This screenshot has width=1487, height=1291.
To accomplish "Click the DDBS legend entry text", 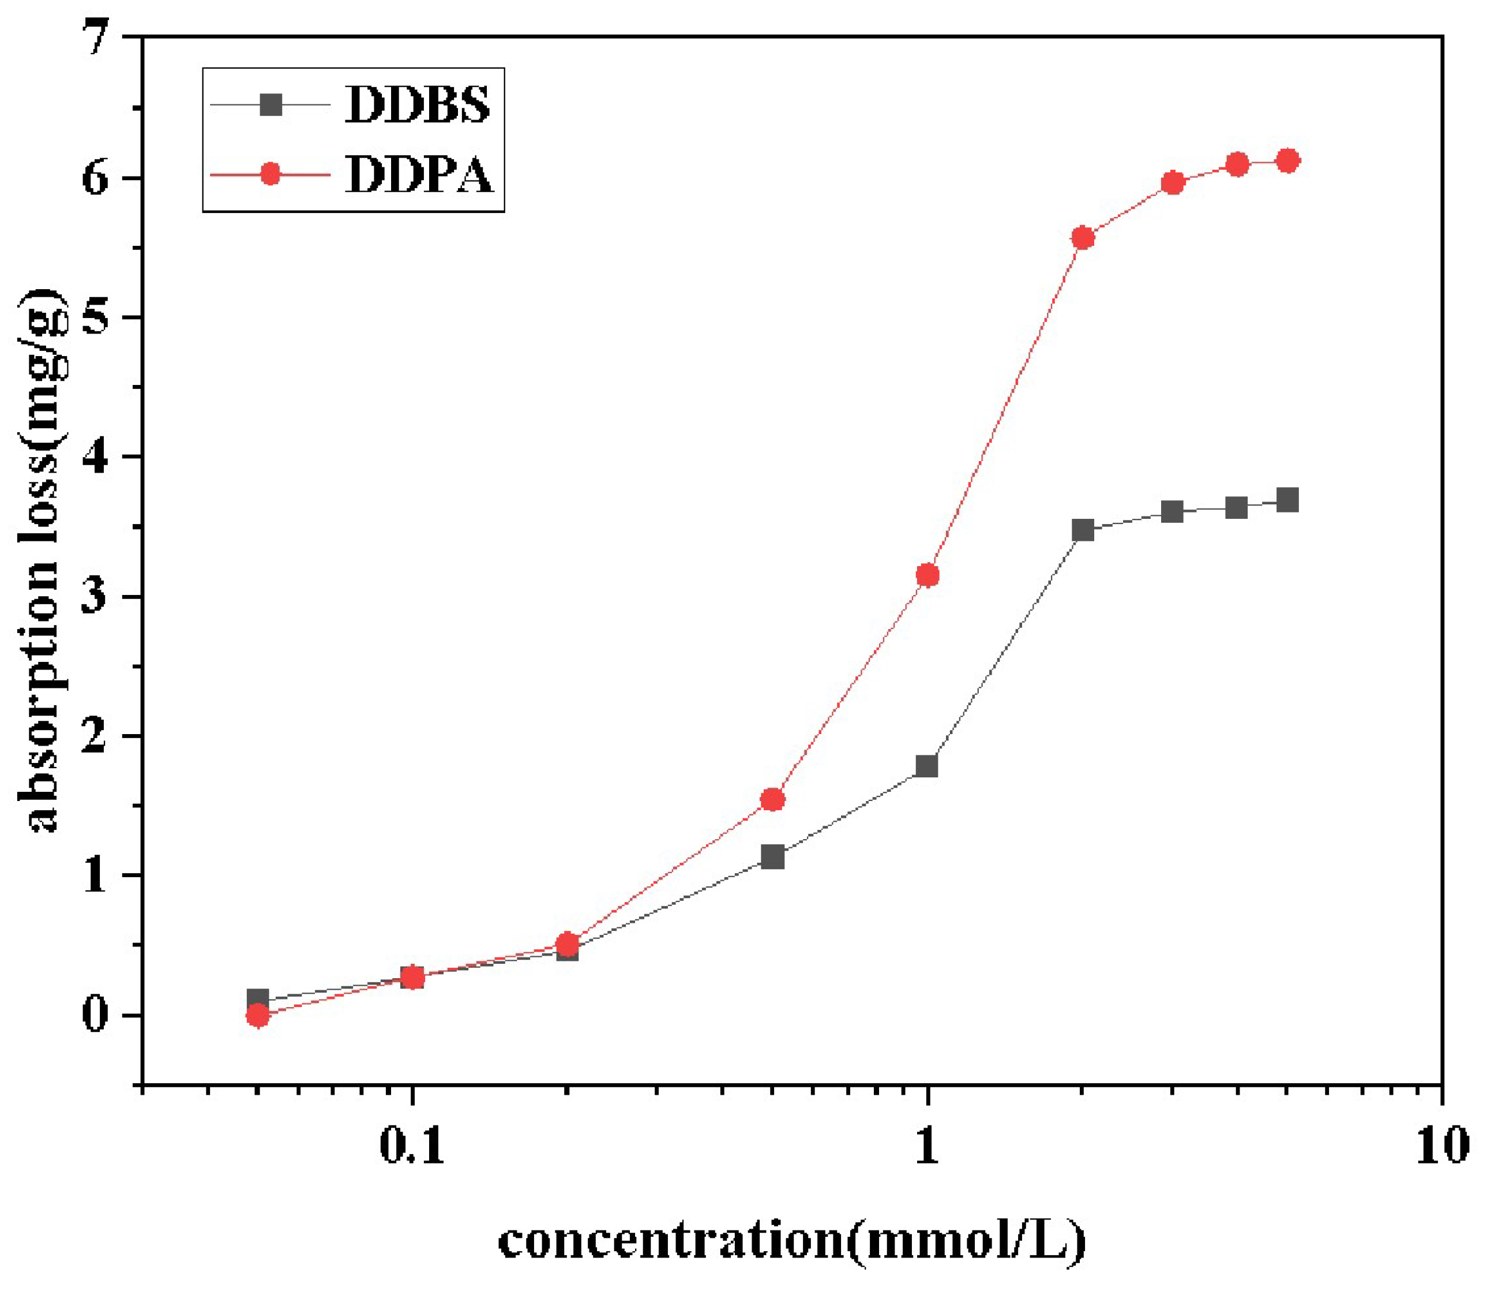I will pyautogui.click(x=418, y=105).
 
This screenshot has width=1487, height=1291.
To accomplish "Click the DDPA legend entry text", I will pyautogui.click(x=419, y=174).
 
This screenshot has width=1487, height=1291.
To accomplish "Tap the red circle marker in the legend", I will pyautogui.click(x=271, y=174).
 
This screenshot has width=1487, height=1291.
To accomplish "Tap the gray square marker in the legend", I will pyautogui.click(x=271, y=105).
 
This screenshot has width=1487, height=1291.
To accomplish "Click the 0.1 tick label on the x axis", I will pyautogui.click(x=412, y=1148).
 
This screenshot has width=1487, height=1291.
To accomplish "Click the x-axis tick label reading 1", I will pyautogui.click(x=928, y=1148).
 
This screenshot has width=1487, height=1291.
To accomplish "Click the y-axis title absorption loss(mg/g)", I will pyautogui.click(x=42, y=562).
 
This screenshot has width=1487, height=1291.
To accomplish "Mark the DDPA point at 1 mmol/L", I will pyautogui.click(x=928, y=575).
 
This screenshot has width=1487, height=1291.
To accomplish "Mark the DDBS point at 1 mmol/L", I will pyautogui.click(x=927, y=766).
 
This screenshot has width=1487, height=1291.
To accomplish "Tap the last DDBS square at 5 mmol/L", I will pyautogui.click(x=1288, y=500).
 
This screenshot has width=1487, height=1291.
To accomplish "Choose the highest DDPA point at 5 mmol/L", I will pyautogui.click(x=1288, y=160).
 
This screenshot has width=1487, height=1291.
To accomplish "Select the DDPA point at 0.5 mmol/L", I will pyautogui.click(x=773, y=800).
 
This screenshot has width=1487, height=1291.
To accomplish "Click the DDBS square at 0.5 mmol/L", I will pyautogui.click(x=773, y=858).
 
